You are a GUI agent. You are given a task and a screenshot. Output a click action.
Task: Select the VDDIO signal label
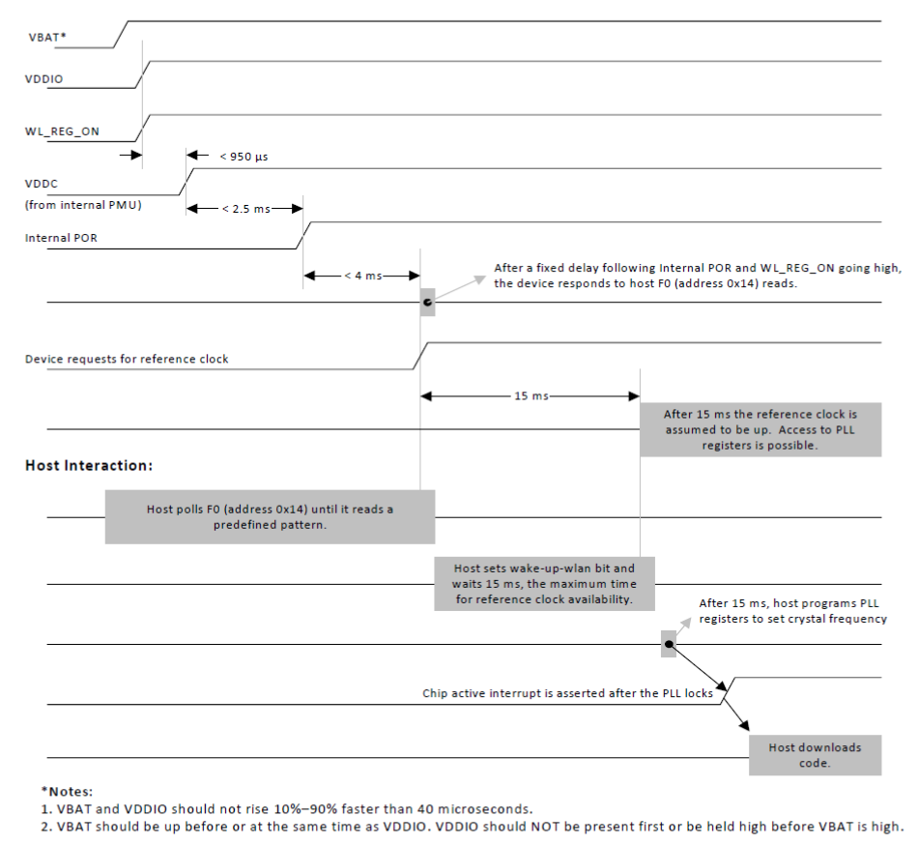(43, 79)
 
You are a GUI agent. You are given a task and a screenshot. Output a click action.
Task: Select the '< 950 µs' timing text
(242, 155)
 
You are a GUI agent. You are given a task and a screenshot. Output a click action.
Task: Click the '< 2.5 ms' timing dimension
(244, 208)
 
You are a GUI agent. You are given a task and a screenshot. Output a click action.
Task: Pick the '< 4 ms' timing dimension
(362, 276)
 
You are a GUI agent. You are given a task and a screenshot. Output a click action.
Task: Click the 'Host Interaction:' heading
(88, 465)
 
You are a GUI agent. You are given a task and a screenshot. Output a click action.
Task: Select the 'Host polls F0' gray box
(270, 516)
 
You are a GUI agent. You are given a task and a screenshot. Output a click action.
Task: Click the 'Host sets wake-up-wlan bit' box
(544, 583)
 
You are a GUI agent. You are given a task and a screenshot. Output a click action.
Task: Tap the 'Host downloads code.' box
(815, 754)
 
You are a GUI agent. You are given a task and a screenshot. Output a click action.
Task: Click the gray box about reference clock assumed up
(760, 429)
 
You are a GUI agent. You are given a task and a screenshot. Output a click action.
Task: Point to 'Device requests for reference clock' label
(127, 359)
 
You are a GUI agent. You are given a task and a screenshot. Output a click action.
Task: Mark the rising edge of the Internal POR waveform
(303, 235)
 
